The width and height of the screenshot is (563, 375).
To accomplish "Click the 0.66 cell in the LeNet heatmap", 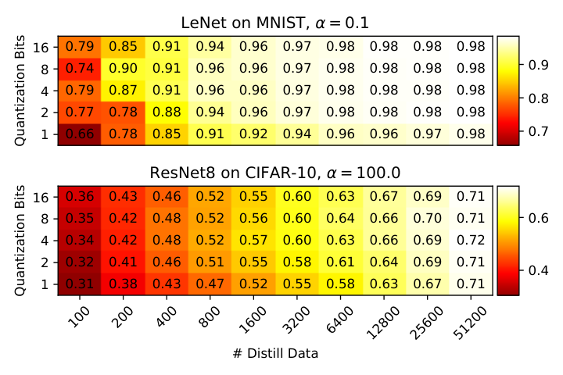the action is tap(79, 134).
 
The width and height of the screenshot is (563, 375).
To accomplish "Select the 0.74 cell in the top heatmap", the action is tap(79, 69).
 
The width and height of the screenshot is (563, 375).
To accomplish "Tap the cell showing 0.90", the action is tap(124, 69).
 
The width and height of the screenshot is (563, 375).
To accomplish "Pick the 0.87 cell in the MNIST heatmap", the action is tap(124, 91).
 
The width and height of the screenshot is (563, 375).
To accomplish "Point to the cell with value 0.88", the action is tap(167, 112).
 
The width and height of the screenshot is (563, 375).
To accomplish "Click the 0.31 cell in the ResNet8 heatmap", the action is tap(79, 284).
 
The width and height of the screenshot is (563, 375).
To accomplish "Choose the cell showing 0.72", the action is tap(471, 241).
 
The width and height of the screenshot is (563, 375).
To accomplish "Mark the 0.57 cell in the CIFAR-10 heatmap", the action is tap(253, 241).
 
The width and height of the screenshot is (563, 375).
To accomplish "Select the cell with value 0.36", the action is tap(79, 197).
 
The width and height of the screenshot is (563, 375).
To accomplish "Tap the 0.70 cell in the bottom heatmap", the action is tap(427, 219).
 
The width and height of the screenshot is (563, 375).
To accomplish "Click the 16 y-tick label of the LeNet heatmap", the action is tap(41, 48).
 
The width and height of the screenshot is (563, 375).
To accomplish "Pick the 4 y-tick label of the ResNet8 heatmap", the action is tap(45, 241).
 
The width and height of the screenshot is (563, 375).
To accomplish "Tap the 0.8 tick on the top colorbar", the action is tap(538, 98).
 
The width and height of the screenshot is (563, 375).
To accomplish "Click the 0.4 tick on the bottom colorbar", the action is tap(538, 270).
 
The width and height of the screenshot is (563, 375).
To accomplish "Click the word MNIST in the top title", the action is tap(280, 23).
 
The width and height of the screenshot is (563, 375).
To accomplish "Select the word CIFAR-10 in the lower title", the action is tap(281, 173).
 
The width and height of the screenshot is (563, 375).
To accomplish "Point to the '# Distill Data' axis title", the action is tap(275, 354).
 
